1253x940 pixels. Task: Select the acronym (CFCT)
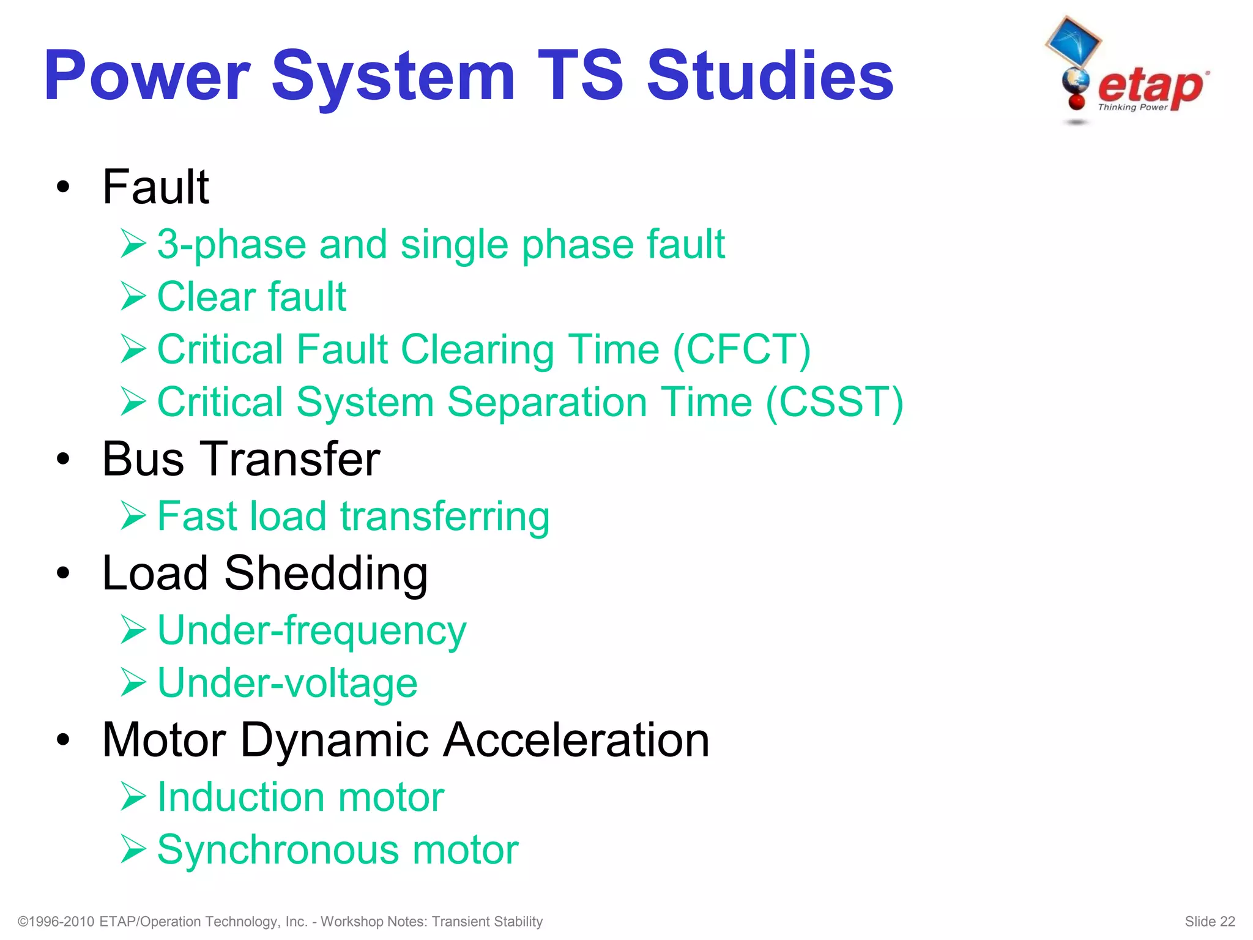[742, 349]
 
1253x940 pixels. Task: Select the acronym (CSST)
[835, 403]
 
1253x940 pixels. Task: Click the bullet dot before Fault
[63, 187]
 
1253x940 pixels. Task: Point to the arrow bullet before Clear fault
[133, 296]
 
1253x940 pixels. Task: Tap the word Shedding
[325, 573]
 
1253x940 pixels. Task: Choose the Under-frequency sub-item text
[311, 631]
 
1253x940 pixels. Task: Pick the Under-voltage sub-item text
[287, 683]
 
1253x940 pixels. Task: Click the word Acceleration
[576, 740]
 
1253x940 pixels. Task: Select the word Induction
[240, 797]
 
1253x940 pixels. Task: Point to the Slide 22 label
[1209, 922]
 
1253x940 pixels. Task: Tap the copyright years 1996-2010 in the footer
[61, 922]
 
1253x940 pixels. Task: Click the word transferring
[445, 516]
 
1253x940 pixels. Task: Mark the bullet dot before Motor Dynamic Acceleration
[63, 740]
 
